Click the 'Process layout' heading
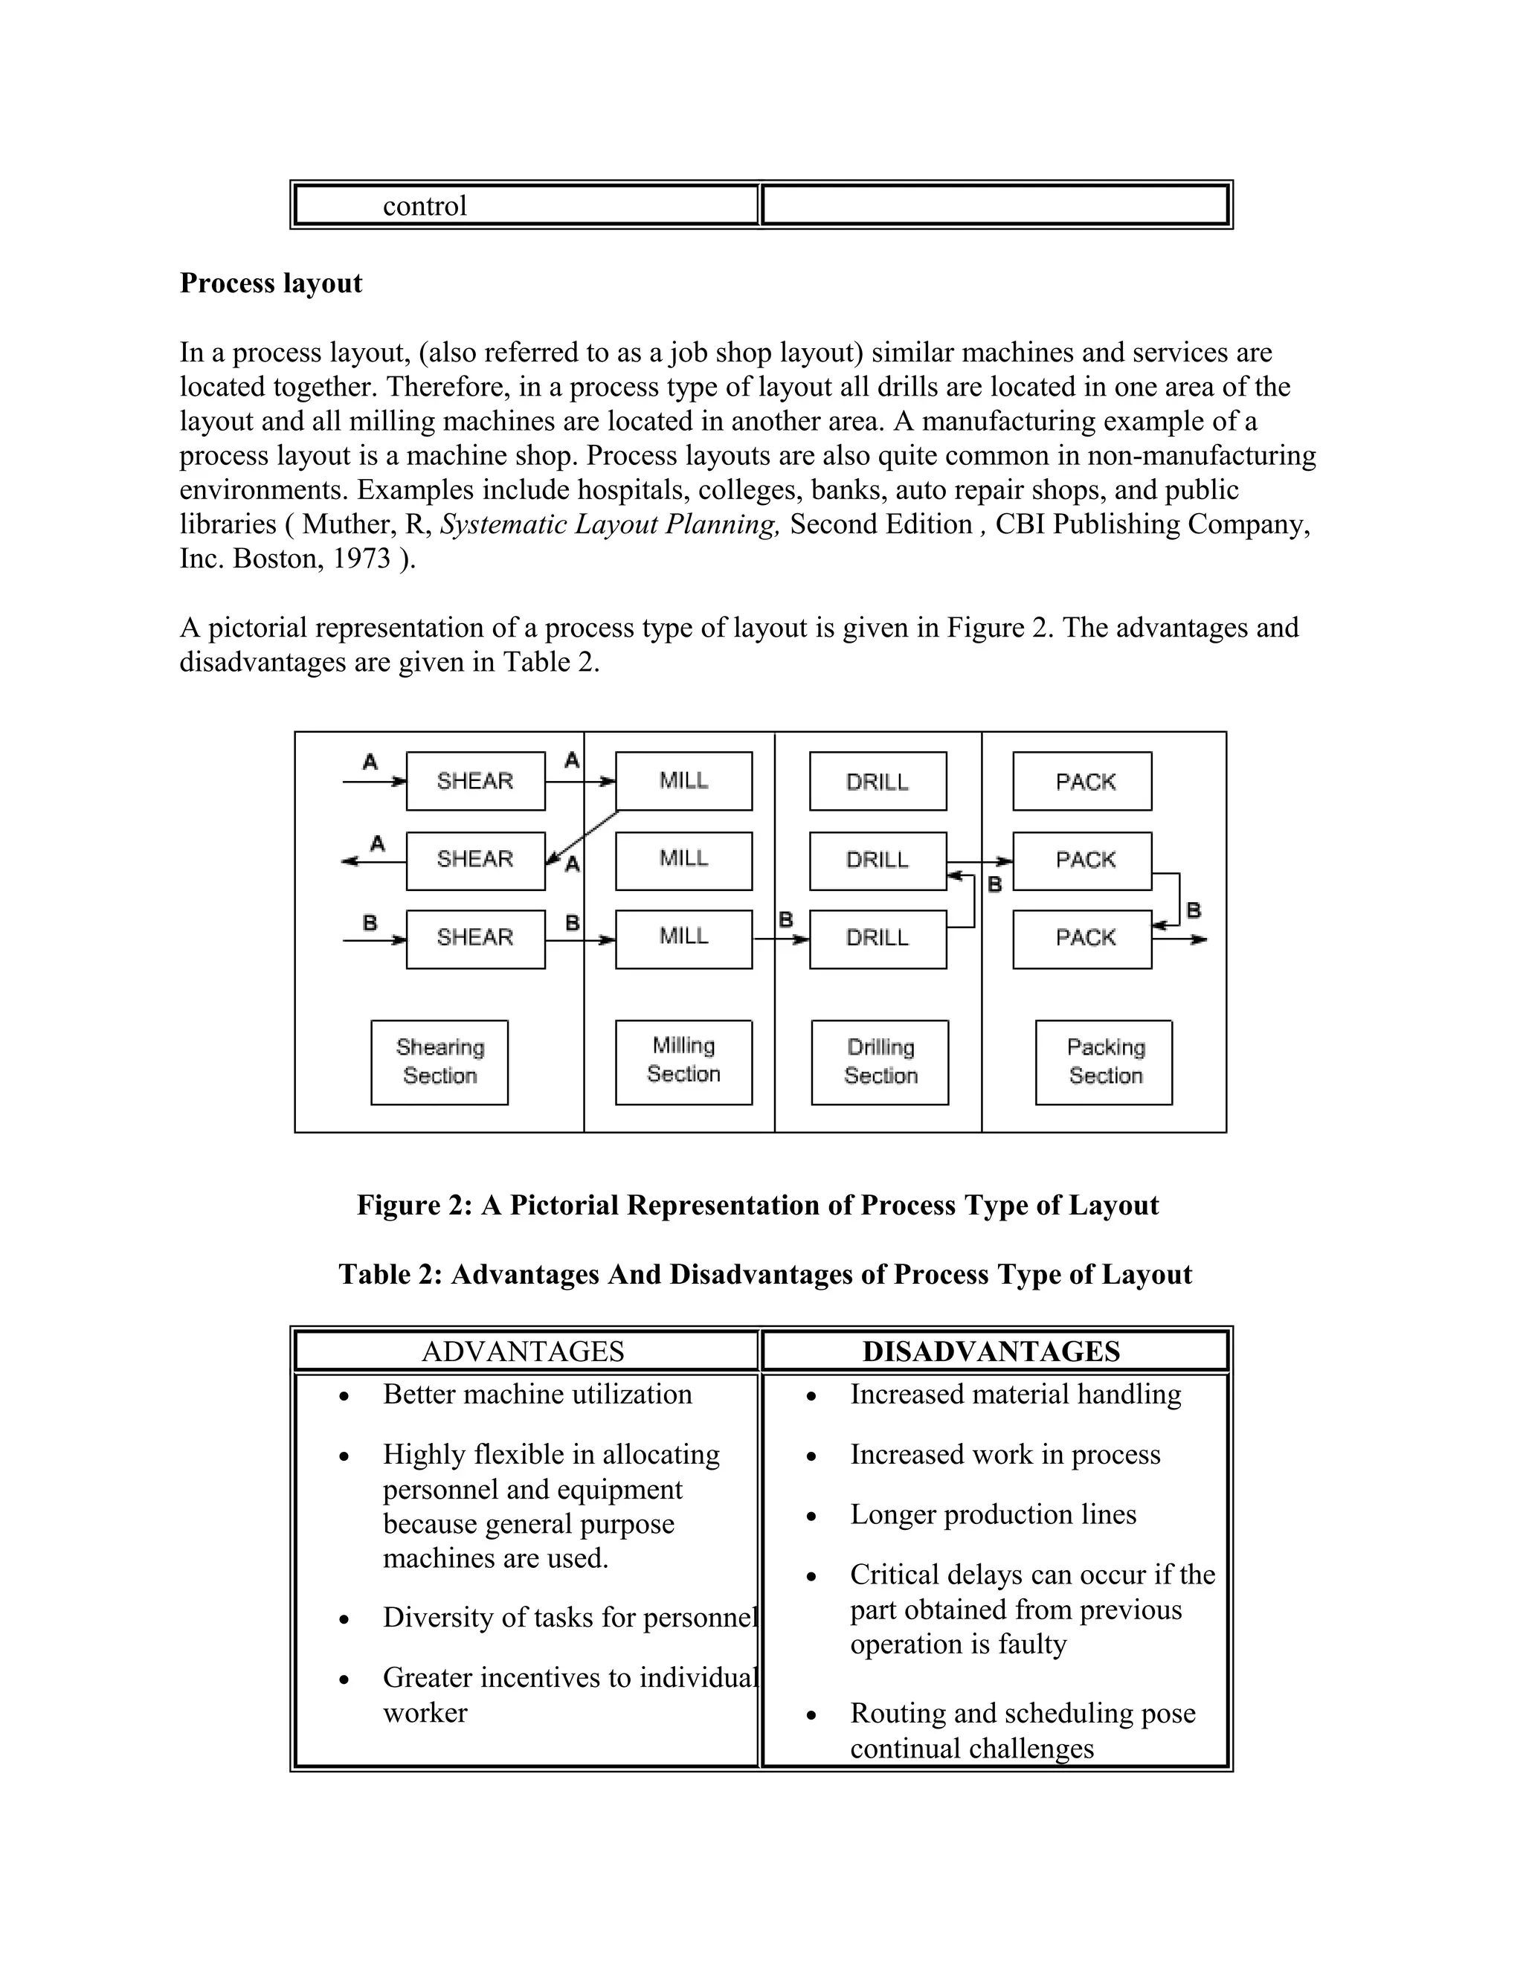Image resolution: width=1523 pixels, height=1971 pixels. tap(271, 283)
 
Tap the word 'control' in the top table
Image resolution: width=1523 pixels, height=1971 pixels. tap(424, 206)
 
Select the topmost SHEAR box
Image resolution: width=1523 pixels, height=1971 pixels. tap(475, 781)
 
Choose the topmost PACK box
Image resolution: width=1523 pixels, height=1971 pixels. tap(1082, 781)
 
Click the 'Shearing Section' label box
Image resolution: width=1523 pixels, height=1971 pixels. tap(439, 1062)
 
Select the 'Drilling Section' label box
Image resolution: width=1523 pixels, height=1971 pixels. tap(880, 1062)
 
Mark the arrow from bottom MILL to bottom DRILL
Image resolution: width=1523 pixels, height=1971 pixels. tap(780, 939)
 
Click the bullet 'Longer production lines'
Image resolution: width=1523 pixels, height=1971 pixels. tap(993, 1514)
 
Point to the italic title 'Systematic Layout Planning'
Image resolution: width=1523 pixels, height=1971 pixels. tap(609, 524)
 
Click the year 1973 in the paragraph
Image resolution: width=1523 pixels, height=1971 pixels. tap(361, 559)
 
